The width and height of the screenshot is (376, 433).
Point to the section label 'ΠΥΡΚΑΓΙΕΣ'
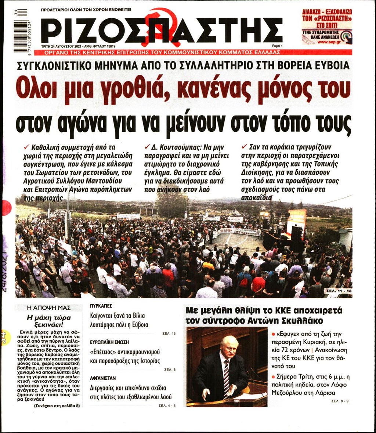click(101, 306)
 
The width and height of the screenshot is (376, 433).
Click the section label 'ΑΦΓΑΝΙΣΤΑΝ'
click(103, 378)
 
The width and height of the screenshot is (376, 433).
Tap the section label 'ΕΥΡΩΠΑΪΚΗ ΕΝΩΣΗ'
click(109, 342)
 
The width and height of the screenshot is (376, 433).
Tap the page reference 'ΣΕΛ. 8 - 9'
click(340, 401)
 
